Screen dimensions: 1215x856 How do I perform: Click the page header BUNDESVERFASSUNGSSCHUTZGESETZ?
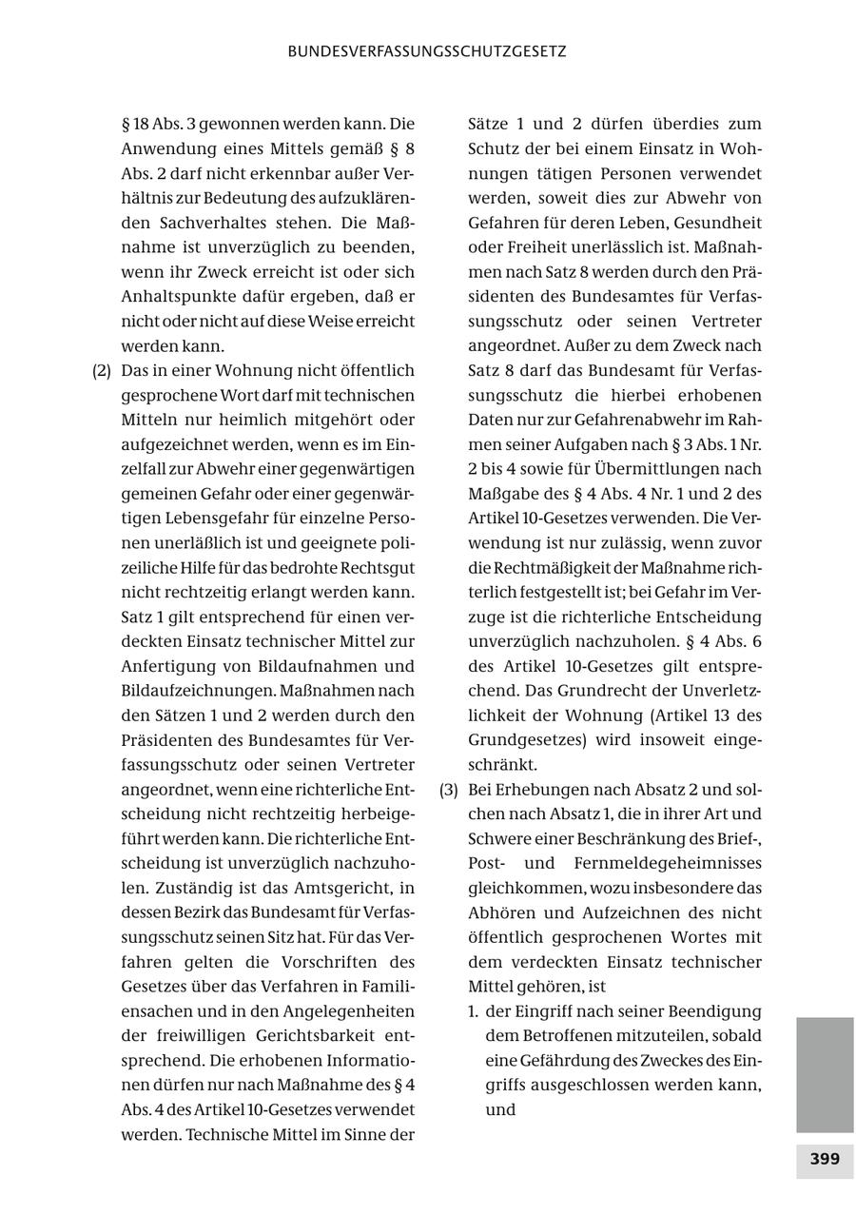pyautogui.click(x=427, y=51)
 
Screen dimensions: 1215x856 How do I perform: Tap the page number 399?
pyautogui.click(x=825, y=1159)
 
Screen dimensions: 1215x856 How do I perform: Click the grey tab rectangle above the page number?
pyautogui.click(x=825, y=1074)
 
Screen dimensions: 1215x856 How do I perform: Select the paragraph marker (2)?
pyautogui.click(x=102, y=370)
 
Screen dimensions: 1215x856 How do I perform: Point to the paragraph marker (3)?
pyautogui.click(x=449, y=790)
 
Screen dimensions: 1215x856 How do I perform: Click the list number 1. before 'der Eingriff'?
pyautogui.click(x=473, y=1010)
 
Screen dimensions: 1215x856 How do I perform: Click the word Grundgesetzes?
pyautogui.click(x=522, y=740)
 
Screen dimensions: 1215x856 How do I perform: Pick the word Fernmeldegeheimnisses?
pyautogui.click(x=668, y=864)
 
